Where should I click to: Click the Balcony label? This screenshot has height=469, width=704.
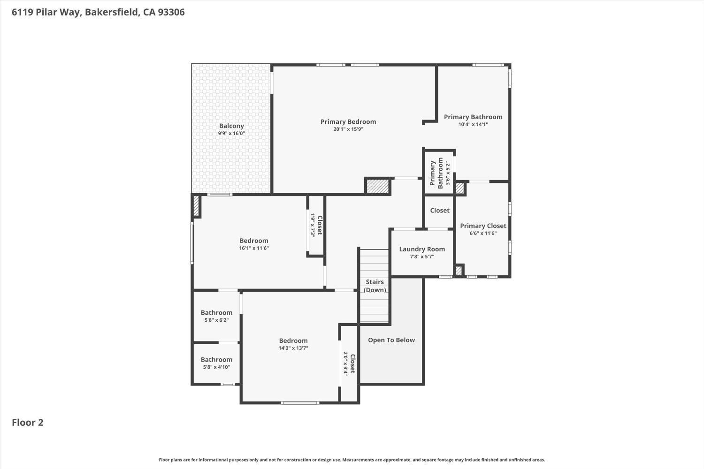tap(232, 126)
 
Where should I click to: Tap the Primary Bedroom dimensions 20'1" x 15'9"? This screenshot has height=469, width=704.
tap(348, 129)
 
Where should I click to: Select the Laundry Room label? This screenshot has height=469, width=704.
tap(422, 249)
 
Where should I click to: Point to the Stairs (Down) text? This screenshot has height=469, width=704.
tap(375, 286)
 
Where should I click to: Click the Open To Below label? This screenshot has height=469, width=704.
tap(391, 340)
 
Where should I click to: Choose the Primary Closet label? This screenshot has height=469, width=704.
tap(483, 226)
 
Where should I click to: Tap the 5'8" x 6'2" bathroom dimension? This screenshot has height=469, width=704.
tap(216, 320)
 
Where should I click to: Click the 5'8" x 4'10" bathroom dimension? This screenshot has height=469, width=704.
tap(216, 367)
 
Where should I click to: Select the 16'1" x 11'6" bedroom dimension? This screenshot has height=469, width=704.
tap(254, 248)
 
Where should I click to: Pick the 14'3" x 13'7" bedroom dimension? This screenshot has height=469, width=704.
tap(293, 348)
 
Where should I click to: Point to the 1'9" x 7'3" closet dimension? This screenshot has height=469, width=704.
tap(313, 225)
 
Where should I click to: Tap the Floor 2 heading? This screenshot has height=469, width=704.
tap(28, 423)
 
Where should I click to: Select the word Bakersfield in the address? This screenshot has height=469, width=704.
tap(112, 12)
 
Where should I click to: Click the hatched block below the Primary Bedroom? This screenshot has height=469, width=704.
tap(378, 186)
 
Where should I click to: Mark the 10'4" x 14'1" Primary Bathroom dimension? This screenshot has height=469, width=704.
tap(473, 124)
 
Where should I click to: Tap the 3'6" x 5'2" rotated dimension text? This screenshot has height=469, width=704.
tap(448, 174)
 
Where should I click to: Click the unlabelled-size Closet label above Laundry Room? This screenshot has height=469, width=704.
tap(440, 211)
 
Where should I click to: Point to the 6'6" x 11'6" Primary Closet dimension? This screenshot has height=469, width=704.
tap(483, 234)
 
